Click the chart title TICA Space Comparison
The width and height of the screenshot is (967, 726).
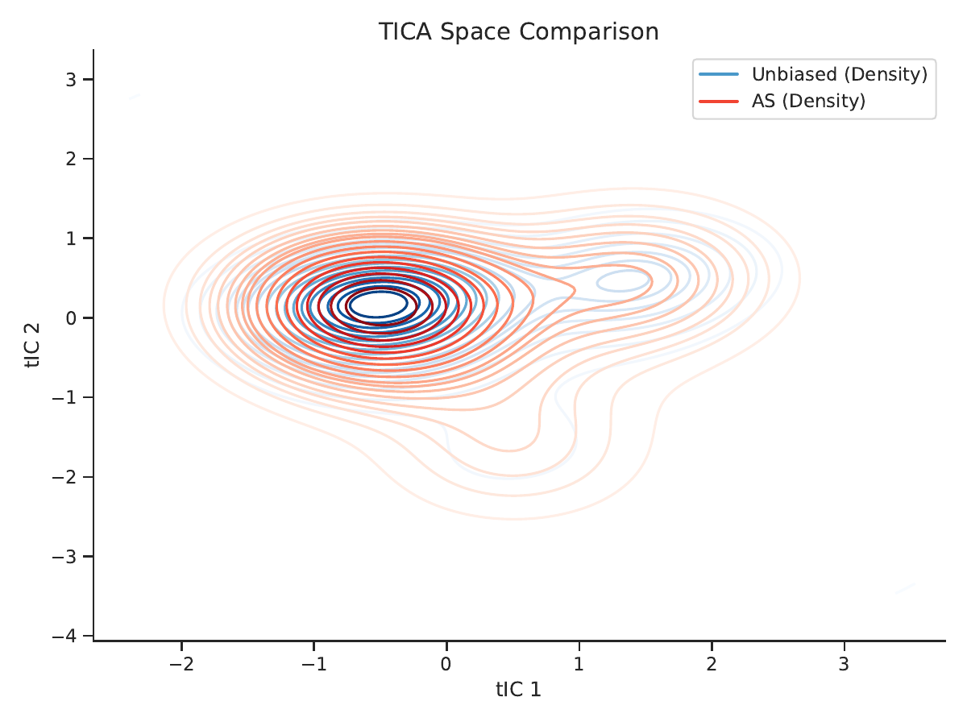pos(518,31)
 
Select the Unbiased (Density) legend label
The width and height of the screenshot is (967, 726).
pos(840,74)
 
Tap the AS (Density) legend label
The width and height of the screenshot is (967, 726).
pos(808,101)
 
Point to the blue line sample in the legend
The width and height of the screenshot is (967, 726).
pos(719,74)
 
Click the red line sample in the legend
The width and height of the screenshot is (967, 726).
pos(719,102)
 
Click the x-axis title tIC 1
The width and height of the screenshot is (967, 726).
pos(518,690)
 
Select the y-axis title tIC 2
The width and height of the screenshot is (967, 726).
pos(32,345)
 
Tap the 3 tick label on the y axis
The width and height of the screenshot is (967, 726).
pos(71,80)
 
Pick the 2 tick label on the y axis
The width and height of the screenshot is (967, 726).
pos(71,159)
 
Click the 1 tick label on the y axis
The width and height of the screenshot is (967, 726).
pos(71,239)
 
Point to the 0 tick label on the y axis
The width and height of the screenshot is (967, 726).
pos(71,317)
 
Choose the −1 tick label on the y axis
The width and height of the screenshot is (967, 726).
pos(64,397)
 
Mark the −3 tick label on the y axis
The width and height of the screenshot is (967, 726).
pos(64,557)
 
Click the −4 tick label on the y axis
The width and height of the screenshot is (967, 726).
pos(64,636)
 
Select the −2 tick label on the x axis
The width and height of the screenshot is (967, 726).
pos(181,663)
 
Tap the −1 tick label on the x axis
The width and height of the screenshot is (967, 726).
pos(314,663)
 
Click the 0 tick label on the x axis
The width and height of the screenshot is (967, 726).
pos(446,663)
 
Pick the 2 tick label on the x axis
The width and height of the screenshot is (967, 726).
pos(712,663)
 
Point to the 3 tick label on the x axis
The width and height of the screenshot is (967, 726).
pos(844,663)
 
